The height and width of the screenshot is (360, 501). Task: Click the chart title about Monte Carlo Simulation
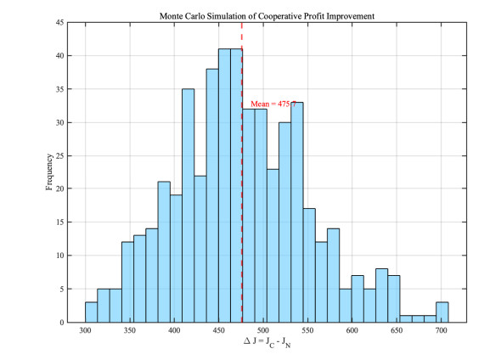pyautogui.click(x=267, y=16)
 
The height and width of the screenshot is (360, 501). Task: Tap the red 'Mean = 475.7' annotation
pyautogui.click(x=273, y=104)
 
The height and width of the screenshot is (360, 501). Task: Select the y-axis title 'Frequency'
pyautogui.click(x=49, y=172)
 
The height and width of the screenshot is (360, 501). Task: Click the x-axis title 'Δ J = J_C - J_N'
pyautogui.click(x=267, y=342)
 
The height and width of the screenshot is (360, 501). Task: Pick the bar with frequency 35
pyautogui.click(x=189, y=205)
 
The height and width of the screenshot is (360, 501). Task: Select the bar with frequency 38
pyautogui.click(x=212, y=195)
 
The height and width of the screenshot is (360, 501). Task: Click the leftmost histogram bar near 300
pyautogui.click(x=92, y=312)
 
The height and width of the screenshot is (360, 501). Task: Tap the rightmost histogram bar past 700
pyautogui.click(x=442, y=312)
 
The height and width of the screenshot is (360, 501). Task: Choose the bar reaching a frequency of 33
pyautogui.click(x=297, y=212)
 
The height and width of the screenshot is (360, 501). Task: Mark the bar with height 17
pyautogui.click(x=309, y=266)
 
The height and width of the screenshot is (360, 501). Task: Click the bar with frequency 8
pyautogui.click(x=382, y=295)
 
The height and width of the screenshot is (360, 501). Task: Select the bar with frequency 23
pyautogui.click(x=273, y=245)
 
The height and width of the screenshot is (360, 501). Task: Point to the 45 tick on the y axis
pyautogui.click(x=59, y=23)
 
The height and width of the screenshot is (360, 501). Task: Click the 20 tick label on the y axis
pyautogui.click(x=59, y=188)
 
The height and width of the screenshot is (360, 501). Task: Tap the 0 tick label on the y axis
pyautogui.click(x=62, y=323)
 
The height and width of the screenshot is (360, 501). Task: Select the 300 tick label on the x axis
pyautogui.click(x=85, y=330)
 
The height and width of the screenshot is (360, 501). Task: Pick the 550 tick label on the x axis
pyautogui.click(x=307, y=330)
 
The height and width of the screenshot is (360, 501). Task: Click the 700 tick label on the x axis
pyautogui.click(x=442, y=330)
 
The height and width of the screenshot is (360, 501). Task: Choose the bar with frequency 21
pyautogui.click(x=164, y=252)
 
